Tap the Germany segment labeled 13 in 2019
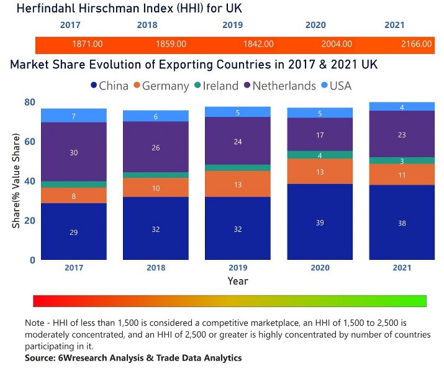click(238, 184)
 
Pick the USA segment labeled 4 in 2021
click(402, 107)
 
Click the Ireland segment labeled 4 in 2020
click(320, 155)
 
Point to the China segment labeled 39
click(320, 221)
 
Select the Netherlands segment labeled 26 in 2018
click(156, 147)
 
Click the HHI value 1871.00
click(88, 44)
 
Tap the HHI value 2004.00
click(337, 44)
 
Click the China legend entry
click(109, 86)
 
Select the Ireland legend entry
click(217, 86)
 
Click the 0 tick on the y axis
click(32, 260)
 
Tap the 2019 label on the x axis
click(238, 268)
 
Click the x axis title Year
click(238, 281)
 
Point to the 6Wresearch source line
click(133, 358)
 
